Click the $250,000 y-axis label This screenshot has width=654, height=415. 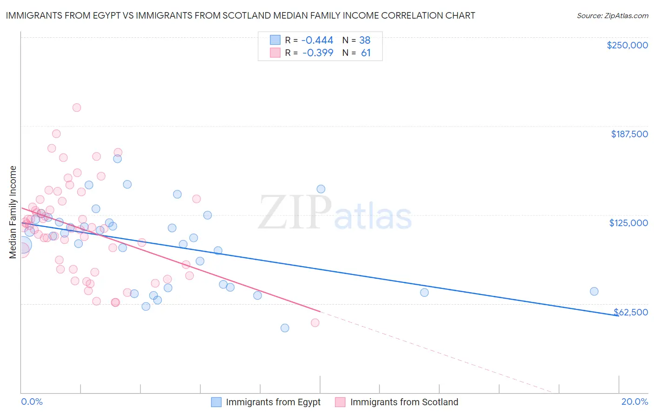click(627, 45)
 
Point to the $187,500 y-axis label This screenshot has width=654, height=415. click(629, 134)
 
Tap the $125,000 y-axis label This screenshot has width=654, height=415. click(628, 223)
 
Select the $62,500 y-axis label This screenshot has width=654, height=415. click(631, 312)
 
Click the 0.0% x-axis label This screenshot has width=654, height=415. click(32, 402)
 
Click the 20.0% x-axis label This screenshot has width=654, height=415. click(634, 402)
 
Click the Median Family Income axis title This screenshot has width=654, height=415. click(13, 212)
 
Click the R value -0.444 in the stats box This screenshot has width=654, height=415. click(318, 40)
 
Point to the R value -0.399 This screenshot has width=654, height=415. click(318, 53)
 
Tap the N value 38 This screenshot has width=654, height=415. click(365, 40)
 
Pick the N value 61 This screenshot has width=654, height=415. click(366, 53)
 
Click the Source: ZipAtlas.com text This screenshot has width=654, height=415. click(612, 15)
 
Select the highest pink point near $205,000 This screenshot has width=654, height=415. click(77, 107)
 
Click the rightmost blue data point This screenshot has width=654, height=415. click(594, 291)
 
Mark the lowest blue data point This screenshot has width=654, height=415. click(285, 328)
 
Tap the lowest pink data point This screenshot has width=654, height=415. click(315, 323)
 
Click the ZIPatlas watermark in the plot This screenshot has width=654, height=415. click(335, 213)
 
